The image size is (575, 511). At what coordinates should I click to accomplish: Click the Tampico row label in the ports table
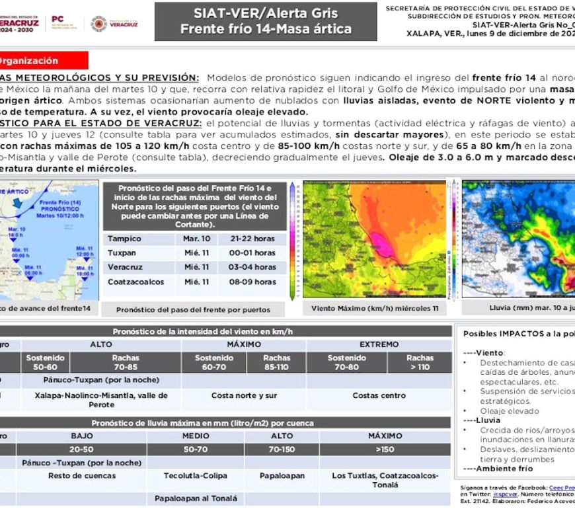[x=124, y=239]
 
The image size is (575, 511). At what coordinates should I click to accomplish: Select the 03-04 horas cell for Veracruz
[x=257, y=267]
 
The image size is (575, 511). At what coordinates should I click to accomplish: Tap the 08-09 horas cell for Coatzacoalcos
[x=257, y=282]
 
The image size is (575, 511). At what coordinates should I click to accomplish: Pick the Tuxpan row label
[x=123, y=253]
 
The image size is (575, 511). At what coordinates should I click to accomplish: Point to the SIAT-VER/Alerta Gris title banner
[x=266, y=21]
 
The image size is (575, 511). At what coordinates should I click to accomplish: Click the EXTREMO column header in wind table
[x=379, y=344]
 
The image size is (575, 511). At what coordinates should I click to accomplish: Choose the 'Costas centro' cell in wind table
[x=379, y=395]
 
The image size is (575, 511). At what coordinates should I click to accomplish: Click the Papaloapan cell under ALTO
[x=282, y=475]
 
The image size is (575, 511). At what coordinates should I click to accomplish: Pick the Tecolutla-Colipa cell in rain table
[x=196, y=475]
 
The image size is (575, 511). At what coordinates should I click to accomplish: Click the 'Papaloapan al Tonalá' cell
[x=196, y=498]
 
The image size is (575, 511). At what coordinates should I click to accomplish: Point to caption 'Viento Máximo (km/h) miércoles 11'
[x=375, y=308]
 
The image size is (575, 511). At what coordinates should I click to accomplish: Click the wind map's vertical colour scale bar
[x=295, y=240]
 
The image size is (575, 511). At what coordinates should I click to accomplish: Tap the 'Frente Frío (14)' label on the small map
[x=60, y=201]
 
